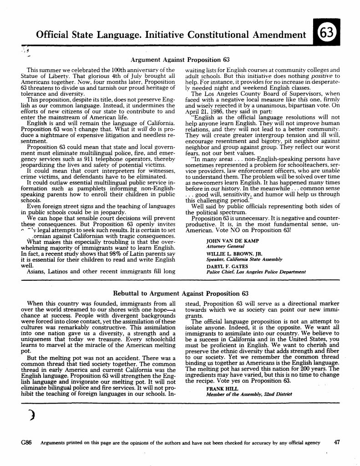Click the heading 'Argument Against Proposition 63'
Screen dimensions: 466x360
point(180,60)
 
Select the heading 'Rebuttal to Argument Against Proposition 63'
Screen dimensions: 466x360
point(180,293)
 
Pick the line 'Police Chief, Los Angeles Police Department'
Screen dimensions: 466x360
point(256,272)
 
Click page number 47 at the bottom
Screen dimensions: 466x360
point(337,442)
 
